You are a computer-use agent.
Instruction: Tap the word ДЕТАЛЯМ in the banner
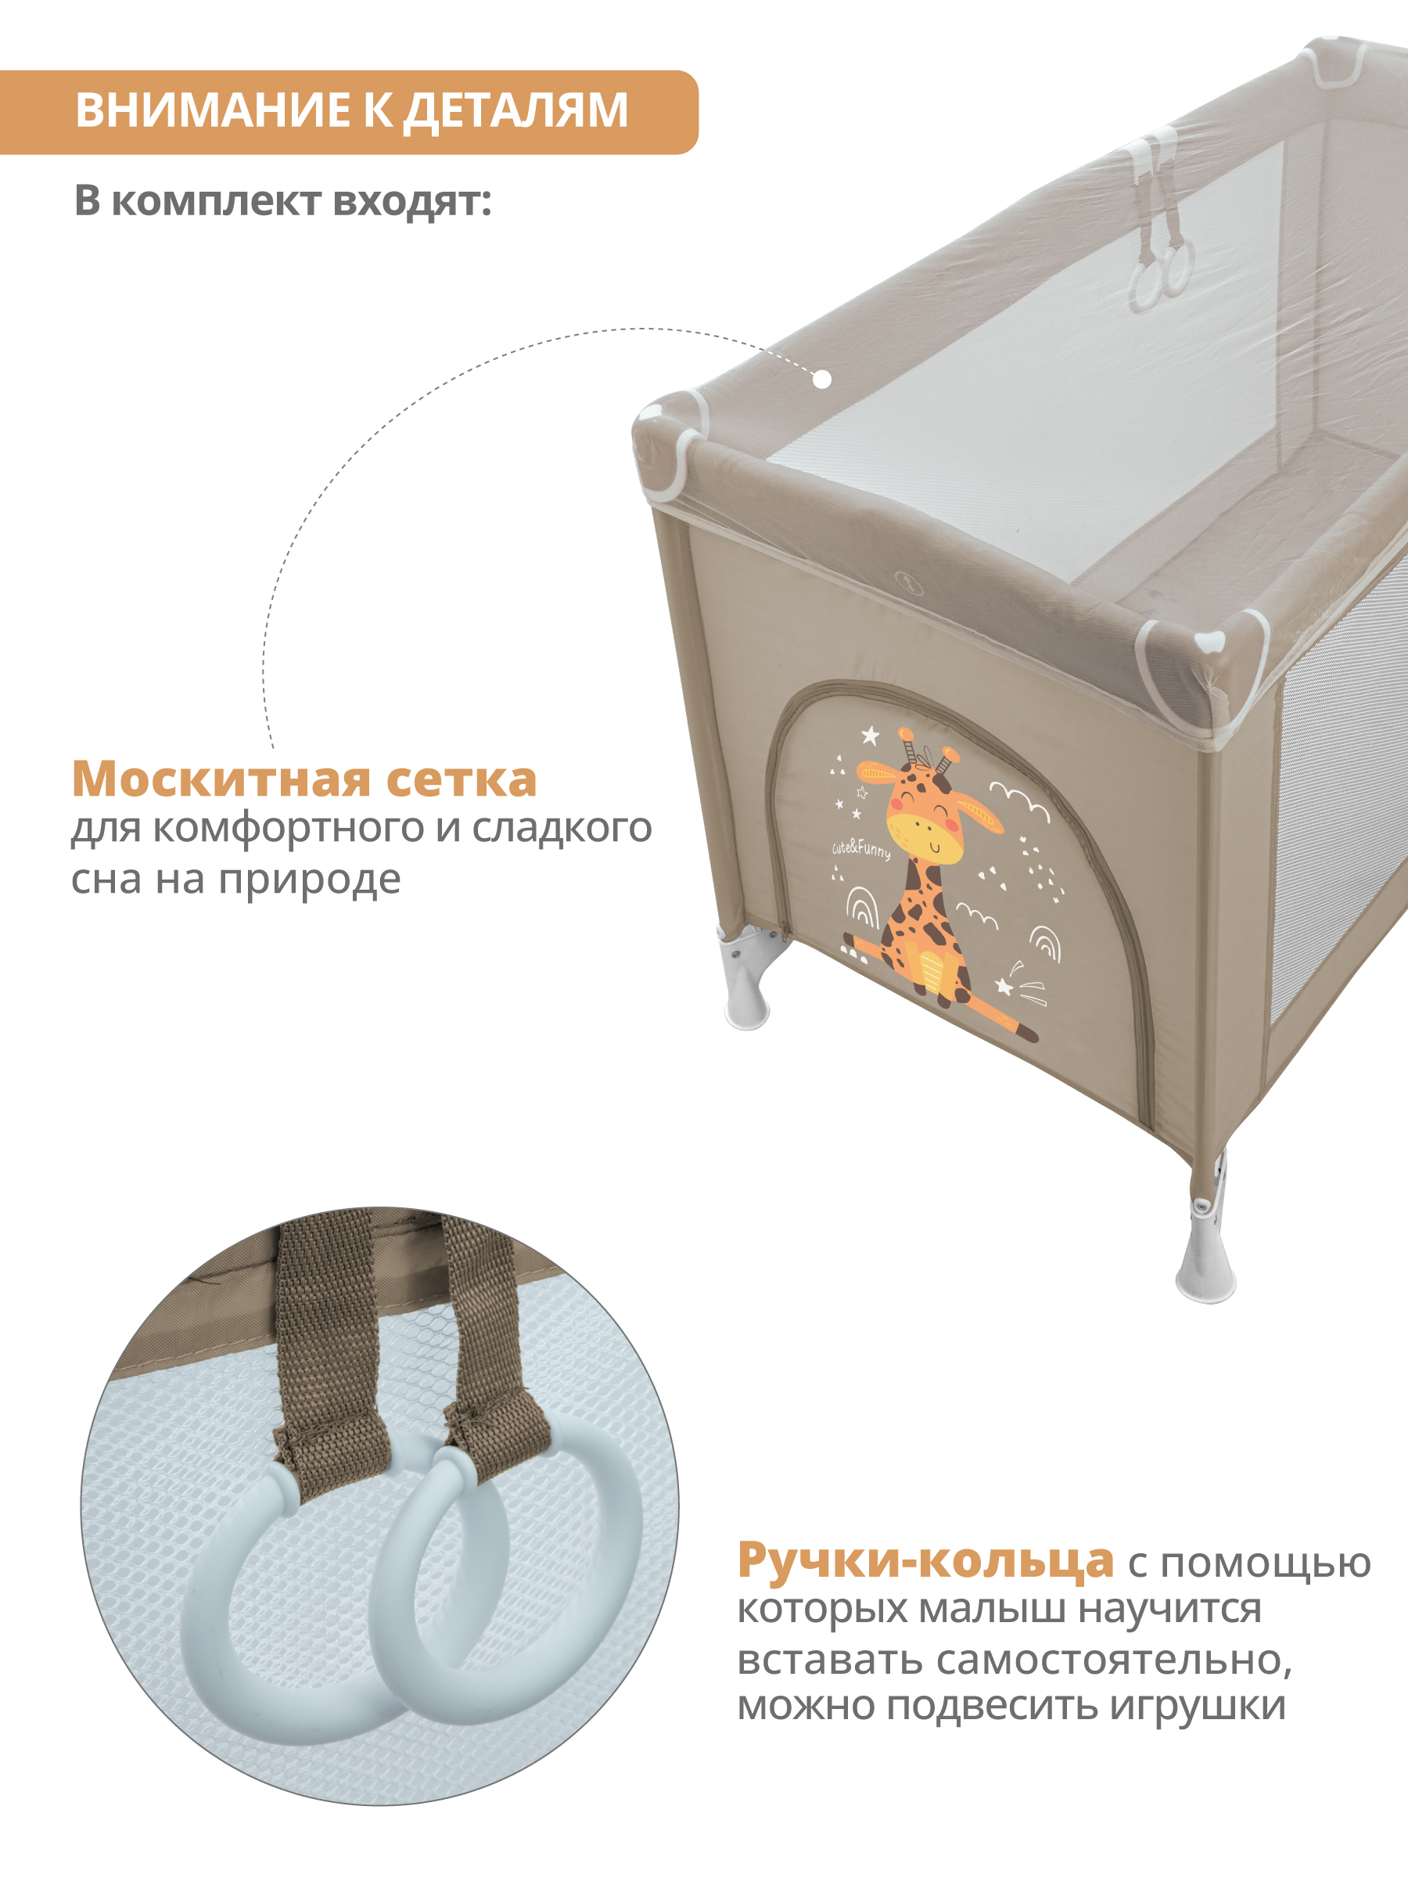click(x=515, y=111)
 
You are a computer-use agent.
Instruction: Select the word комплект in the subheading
click(x=217, y=201)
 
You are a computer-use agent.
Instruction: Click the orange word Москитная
click(x=221, y=779)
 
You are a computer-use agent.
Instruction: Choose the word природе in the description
click(x=310, y=880)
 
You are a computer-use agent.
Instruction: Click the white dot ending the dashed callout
click(x=821, y=380)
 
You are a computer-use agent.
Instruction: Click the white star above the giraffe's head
click(x=870, y=736)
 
